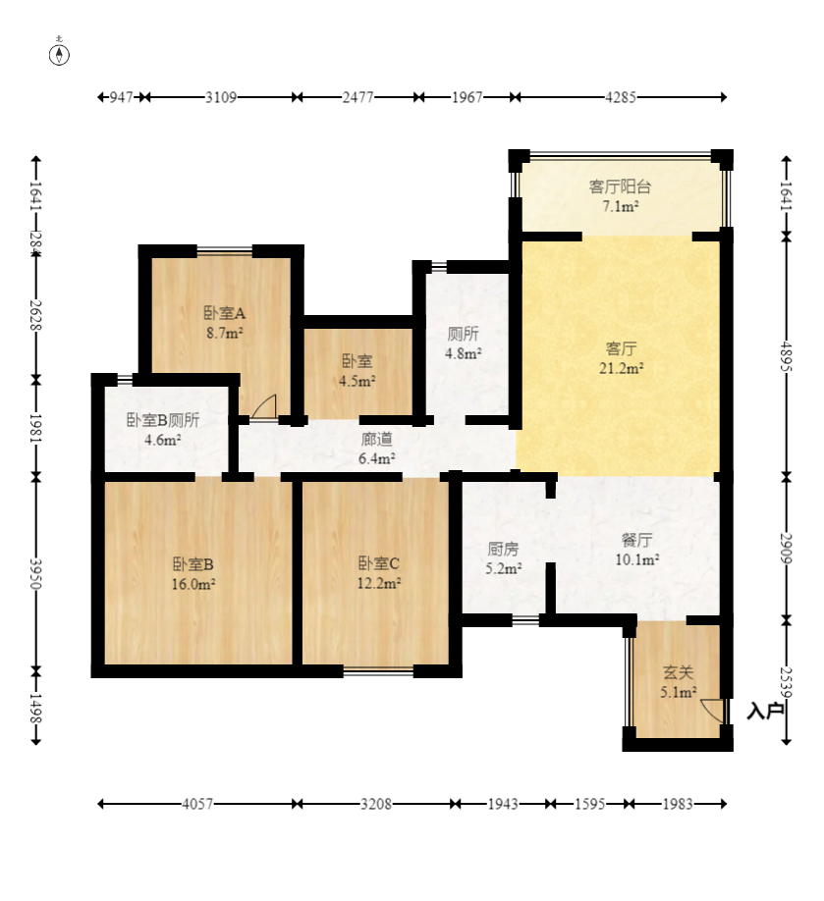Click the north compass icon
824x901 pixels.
tap(59, 54)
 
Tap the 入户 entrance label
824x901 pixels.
tap(765, 712)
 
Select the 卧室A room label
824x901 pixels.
tap(224, 313)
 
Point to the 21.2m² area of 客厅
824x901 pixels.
tap(621, 368)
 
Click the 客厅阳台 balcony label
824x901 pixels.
tap(620, 186)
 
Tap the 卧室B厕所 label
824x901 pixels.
tap(163, 420)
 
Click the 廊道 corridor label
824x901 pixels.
tap(376, 439)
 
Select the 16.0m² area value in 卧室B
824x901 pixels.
tap(193, 584)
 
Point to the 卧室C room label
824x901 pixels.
tap(378, 563)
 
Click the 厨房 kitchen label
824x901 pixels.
tap(503, 550)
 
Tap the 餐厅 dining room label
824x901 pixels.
tap(636, 540)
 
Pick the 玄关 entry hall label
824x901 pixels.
tap(678, 672)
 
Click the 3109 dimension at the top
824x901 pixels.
tap(221, 98)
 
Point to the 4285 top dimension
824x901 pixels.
tap(621, 98)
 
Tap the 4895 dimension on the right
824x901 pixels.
tap(786, 357)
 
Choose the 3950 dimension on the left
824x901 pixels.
tap(35, 573)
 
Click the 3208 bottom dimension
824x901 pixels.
tap(376, 804)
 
